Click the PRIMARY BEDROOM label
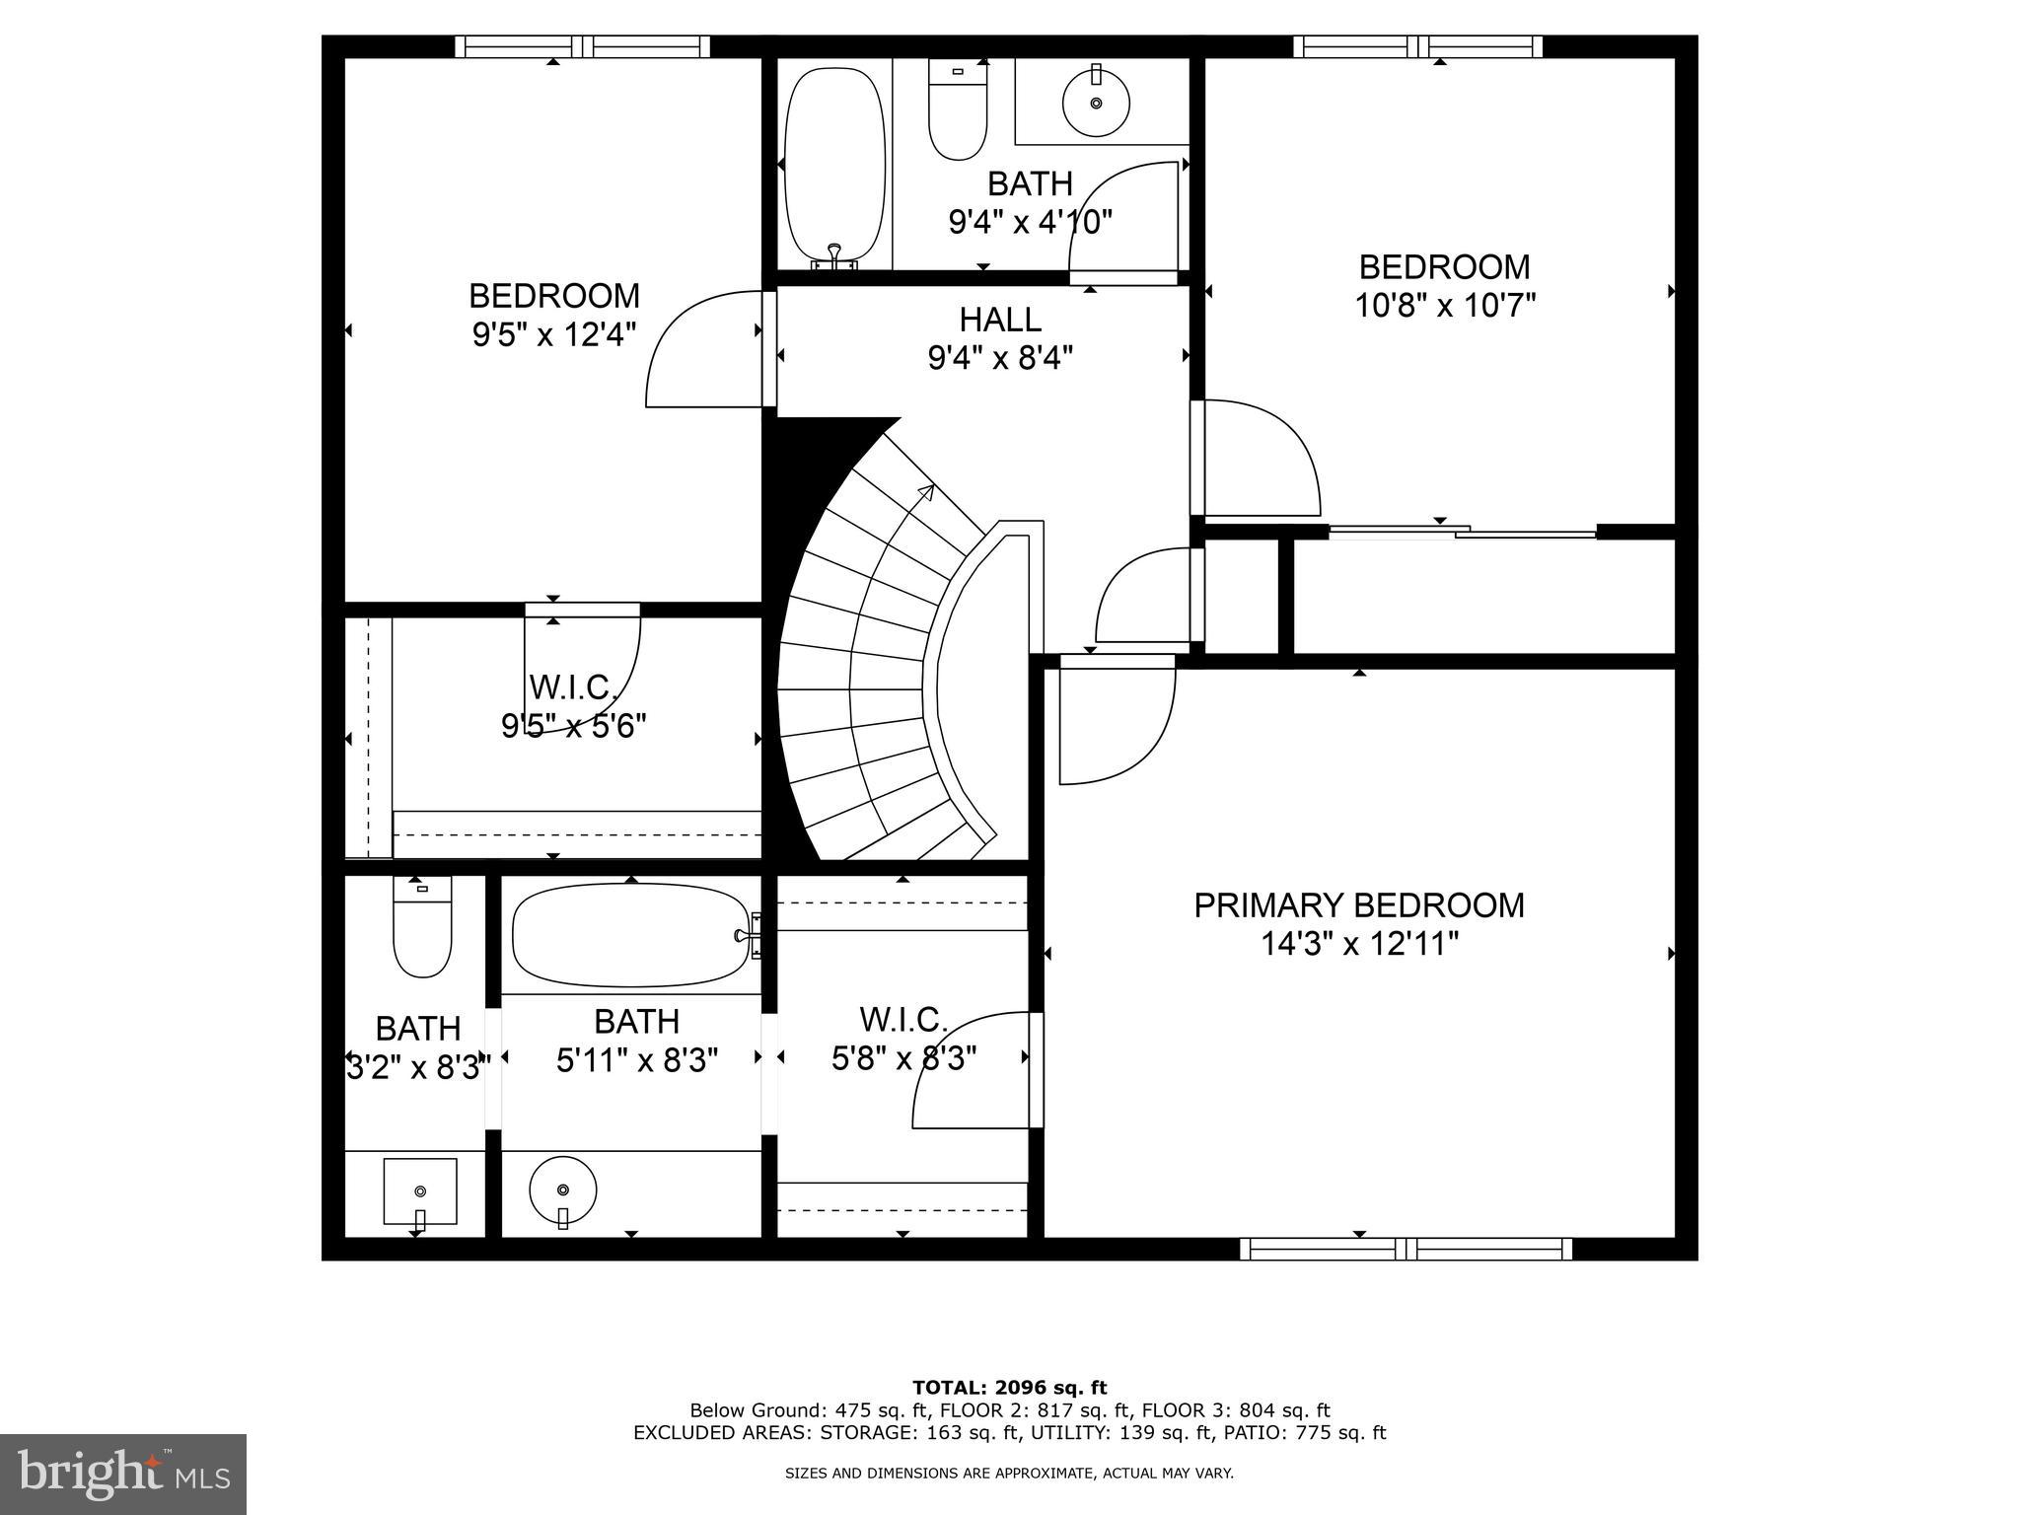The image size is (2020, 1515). pyautogui.click(x=1358, y=904)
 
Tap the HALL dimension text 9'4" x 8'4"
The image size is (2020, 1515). pyautogui.click(x=1000, y=357)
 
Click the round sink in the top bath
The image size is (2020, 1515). pyautogui.click(x=1096, y=102)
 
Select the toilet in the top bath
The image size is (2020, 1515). pyautogui.click(x=957, y=110)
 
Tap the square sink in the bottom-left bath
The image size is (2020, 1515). pyautogui.click(x=420, y=1191)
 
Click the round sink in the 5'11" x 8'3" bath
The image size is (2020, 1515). pyautogui.click(x=562, y=1191)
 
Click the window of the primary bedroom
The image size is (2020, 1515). pyautogui.click(x=1405, y=1250)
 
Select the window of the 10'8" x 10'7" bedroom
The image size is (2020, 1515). pyautogui.click(x=1417, y=46)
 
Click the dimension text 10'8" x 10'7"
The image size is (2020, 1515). pyautogui.click(x=1445, y=306)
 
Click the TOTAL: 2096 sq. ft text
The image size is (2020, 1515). pyautogui.click(x=1009, y=1388)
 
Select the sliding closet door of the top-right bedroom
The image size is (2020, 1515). pyautogui.click(x=1462, y=533)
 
